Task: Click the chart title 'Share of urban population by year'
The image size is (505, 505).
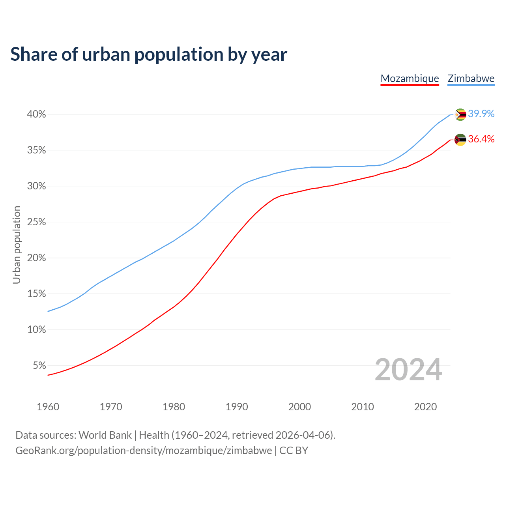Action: point(149,54)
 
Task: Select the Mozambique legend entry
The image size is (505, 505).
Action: point(410,79)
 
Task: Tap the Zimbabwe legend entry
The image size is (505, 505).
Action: point(471,79)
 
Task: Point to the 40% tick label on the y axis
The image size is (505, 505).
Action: point(36,114)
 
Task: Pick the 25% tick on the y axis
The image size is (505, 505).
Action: point(36,222)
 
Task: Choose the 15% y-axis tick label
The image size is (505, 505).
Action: point(36,294)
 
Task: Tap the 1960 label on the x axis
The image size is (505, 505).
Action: point(48,407)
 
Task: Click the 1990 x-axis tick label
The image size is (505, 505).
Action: point(237,407)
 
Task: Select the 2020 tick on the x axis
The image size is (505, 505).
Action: point(425,407)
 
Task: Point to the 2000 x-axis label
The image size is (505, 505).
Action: point(299,407)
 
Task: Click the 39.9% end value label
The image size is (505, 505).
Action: point(481,114)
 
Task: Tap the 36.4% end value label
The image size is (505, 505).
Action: point(481,139)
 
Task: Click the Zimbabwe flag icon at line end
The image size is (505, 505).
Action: point(460,114)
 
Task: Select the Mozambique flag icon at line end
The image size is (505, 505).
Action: point(460,140)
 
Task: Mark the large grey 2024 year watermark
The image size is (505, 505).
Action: point(408,370)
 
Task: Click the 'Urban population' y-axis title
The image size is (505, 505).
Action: point(17,245)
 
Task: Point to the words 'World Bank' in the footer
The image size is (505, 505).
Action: point(105,435)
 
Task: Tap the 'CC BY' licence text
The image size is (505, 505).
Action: point(294,451)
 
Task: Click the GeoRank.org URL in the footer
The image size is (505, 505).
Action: point(144,451)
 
